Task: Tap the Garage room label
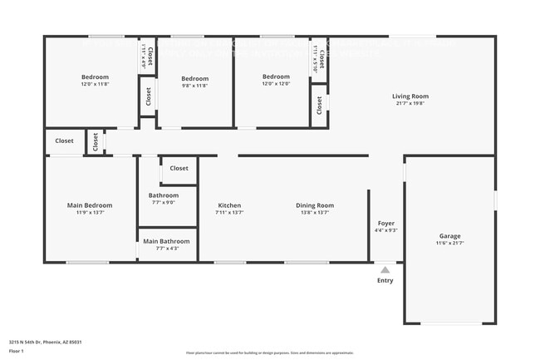click(x=449, y=236)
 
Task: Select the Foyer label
click(x=386, y=224)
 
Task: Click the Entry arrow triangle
click(x=385, y=269)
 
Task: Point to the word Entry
click(x=385, y=281)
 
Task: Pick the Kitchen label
click(x=229, y=205)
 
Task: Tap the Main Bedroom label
click(x=90, y=205)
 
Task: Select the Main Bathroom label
click(x=166, y=242)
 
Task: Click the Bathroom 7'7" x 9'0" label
click(x=164, y=195)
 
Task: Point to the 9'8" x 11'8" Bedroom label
click(x=195, y=78)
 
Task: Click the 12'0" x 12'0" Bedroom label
click(x=276, y=76)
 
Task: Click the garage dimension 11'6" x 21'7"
click(x=449, y=243)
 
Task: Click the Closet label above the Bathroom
click(x=179, y=168)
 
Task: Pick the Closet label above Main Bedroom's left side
click(x=65, y=141)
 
